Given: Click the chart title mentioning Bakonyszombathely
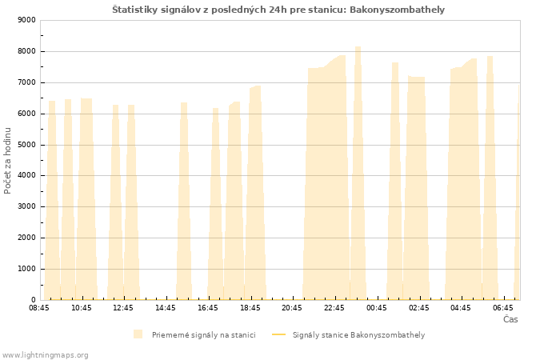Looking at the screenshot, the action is [278, 10].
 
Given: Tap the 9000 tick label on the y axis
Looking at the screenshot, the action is [26, 20].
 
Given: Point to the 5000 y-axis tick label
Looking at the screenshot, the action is [26, 145].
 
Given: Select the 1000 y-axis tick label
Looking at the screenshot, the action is [26, 269].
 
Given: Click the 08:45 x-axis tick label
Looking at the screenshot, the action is [39, 308].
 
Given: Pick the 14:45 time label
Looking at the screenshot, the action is [166, 308].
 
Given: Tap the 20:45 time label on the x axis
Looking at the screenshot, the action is [292, 308].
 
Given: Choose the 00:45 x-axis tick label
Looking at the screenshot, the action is [377, 308].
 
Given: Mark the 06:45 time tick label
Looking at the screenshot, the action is [503, 308].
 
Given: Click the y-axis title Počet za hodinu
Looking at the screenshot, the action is [7, 161].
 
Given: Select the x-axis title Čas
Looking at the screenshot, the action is [510, 319].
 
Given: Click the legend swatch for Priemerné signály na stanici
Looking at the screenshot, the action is [138, 334].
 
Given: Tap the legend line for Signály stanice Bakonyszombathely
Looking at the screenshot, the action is [279, 334].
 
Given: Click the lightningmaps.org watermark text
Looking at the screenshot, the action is [45, 355].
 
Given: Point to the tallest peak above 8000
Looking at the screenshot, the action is [358, 48].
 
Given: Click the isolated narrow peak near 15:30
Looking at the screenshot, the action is [184, 104].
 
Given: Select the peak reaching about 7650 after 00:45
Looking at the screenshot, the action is [395, 64].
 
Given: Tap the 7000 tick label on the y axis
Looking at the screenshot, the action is [26, 82].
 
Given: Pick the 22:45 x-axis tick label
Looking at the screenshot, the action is [334, 308].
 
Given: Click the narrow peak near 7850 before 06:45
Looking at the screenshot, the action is [490, 58].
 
